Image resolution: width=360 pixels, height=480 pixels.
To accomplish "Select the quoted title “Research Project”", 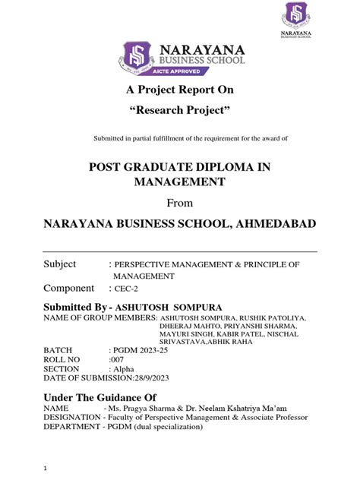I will (x=179, y=112).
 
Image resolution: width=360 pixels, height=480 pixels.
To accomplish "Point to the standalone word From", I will (x=179, y=203).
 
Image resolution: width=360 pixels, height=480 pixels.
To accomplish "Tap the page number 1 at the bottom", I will (x=46, y=469).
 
